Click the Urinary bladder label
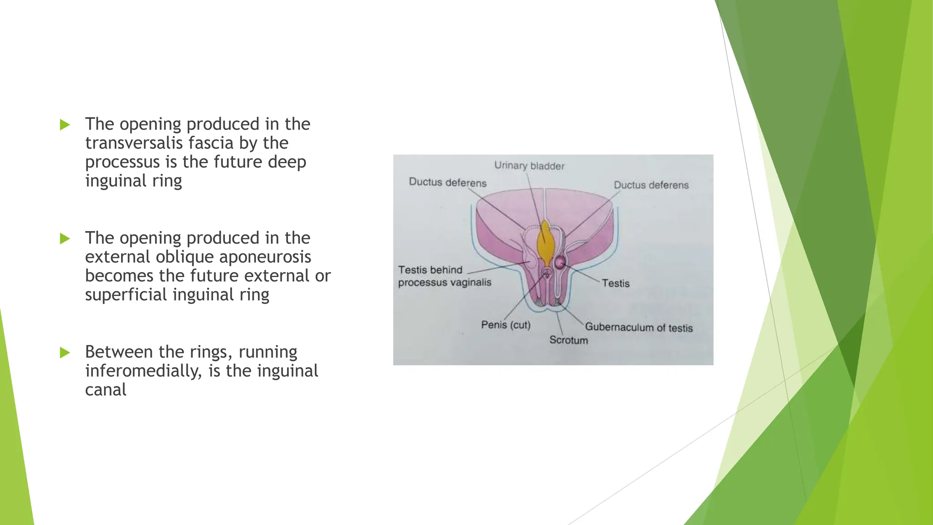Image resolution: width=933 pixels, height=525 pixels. point(529,166)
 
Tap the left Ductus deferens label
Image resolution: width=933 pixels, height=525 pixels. point(447,183)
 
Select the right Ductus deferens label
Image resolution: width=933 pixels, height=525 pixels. point(651,185)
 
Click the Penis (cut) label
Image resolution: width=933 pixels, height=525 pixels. point(506,325)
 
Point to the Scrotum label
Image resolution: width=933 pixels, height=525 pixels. point(568,340)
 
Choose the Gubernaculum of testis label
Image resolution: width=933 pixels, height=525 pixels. point(638,327)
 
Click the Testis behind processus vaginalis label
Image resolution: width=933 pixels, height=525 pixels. point(444,276)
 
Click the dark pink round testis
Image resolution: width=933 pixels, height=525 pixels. point(560,262)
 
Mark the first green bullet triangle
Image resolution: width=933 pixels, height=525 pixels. point(65,124)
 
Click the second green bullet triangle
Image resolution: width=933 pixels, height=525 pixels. point(65,238)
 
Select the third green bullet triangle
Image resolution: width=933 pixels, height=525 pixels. point(65,352)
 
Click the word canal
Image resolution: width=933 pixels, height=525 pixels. point(106,390)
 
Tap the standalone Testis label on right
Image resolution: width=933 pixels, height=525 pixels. point(615,283)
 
